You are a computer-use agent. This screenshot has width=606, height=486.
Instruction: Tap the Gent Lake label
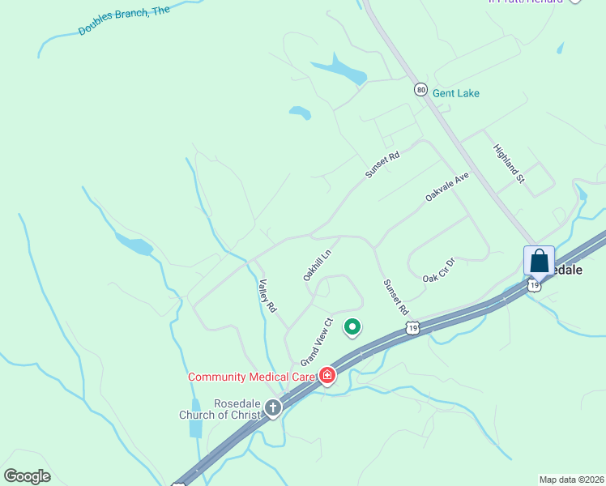tap(455, 93)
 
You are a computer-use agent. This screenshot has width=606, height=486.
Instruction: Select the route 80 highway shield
tap(420, 89)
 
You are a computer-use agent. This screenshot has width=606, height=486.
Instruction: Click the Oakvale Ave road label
tap(447, 186)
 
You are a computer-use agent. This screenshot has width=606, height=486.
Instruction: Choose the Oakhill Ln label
tap(318, 265)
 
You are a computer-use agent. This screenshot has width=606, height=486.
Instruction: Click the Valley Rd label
tap(267, 296)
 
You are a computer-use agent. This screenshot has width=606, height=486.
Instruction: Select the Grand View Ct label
tap(317, 340)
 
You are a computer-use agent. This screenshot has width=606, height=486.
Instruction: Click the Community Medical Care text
tap(250, 377)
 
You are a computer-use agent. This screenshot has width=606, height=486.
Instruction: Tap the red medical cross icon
tap(326, 375)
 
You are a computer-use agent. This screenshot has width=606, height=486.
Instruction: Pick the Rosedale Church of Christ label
tap(219, 408)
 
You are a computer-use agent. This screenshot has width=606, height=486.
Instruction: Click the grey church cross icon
tap(274, 408)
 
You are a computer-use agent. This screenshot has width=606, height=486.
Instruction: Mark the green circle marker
tap(352, 327)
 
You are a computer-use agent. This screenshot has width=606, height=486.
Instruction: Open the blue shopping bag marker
tap(540, 262)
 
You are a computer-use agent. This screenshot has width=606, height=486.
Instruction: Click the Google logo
tap(28, 475)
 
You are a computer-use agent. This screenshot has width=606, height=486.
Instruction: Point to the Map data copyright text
tap(571, 480)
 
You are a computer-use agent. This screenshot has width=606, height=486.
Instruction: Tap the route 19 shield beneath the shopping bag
tap(533, 285)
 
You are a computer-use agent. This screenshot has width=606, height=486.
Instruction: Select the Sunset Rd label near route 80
tap(382, 164)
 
